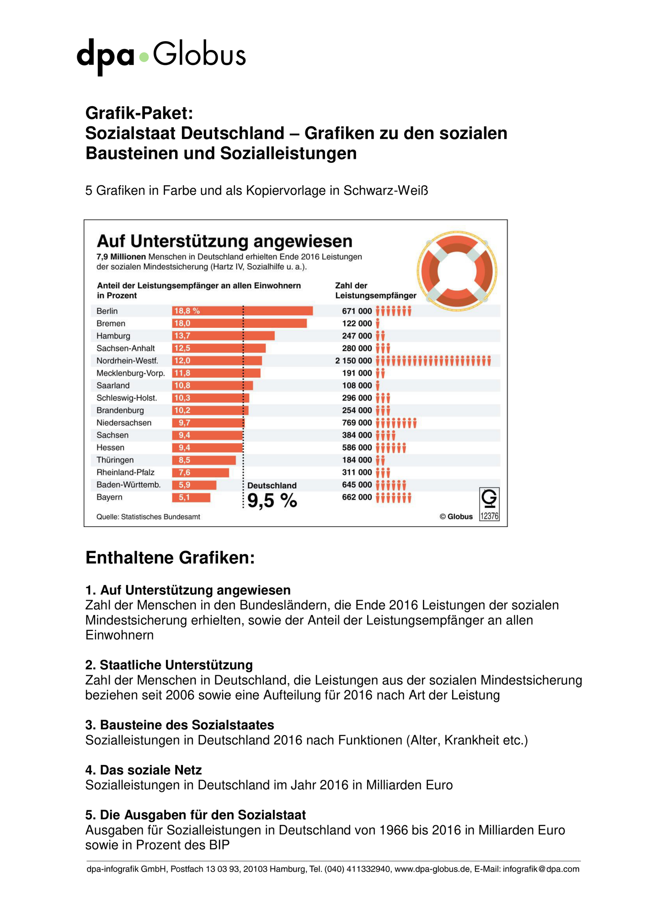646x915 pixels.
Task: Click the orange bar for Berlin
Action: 242,311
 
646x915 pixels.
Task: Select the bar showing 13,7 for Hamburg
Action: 223,336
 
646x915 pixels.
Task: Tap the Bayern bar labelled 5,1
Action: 191,497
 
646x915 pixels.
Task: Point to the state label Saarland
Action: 113,386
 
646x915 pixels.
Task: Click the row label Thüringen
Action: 115,460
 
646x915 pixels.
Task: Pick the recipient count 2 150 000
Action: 353,361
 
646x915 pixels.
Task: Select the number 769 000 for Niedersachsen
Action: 357,423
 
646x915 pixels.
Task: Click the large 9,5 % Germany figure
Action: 272,501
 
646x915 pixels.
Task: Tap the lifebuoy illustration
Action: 457,271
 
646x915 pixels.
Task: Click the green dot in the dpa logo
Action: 144,57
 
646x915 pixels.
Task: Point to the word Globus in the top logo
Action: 199,54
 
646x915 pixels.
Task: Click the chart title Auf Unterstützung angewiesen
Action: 224,241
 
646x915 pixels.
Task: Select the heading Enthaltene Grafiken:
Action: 170,558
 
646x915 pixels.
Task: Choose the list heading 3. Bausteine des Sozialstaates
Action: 180,725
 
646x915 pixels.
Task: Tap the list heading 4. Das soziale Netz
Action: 144,770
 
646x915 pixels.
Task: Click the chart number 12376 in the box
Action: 489,516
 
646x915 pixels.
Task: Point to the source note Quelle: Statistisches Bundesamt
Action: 148,517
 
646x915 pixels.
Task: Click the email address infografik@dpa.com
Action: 541,869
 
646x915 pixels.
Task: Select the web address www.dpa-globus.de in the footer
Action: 432,869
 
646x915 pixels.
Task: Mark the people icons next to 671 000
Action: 394,311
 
